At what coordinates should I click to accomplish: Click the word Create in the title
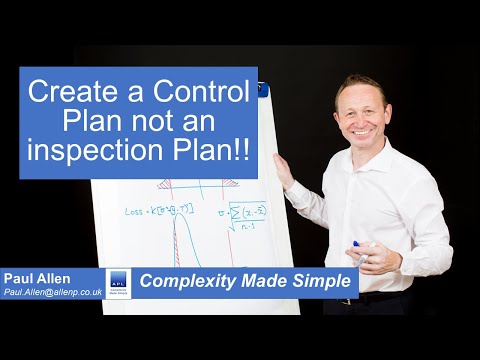[72, 95]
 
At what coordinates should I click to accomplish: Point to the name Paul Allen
[39, 276]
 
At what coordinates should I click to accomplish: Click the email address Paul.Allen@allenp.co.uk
[52, 291]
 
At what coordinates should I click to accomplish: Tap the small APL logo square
[118, 282]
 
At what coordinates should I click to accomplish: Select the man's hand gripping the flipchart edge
[283, 171]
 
